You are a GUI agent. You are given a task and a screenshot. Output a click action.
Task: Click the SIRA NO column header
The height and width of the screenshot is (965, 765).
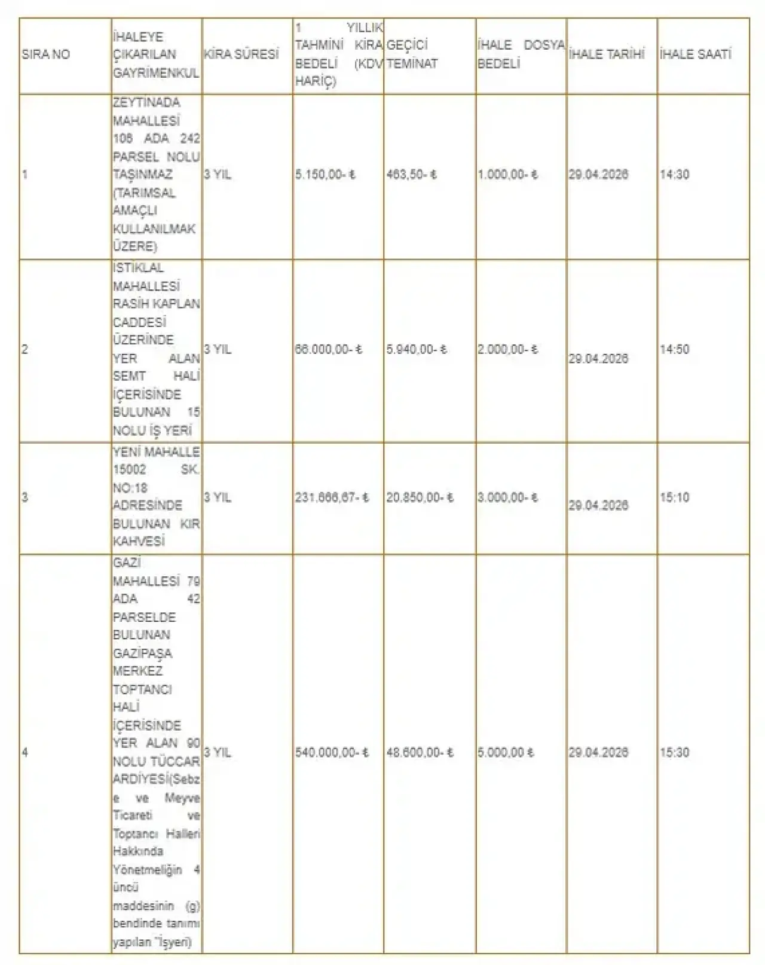coord(46,54)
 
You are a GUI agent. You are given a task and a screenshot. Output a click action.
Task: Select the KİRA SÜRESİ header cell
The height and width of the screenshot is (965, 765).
coord(241,54)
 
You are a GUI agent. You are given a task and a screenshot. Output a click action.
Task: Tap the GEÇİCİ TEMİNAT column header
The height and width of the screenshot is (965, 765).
coord(412,54)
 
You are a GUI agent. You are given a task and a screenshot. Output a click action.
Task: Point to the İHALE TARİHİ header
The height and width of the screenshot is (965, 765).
coord(607,54)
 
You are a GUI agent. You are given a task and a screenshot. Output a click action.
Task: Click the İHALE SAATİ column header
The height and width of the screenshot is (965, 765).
coord(696,54)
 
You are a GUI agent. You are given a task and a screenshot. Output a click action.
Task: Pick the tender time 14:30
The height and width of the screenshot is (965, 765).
coord(674,175)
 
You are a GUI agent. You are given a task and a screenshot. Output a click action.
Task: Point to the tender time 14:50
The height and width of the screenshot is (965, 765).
coord(674,349)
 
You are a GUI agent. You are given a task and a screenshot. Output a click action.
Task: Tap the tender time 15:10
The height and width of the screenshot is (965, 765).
coord(674,497)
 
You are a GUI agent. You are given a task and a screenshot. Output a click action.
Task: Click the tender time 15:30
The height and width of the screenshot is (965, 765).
coord(674,753)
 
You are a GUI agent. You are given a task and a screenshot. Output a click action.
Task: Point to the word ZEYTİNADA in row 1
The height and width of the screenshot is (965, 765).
coord(146,103)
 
